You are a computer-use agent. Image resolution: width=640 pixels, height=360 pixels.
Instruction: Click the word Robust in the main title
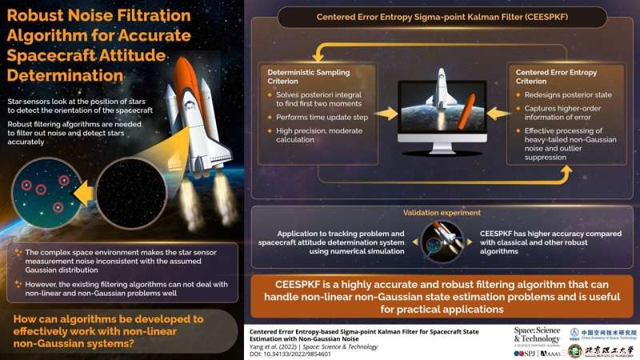tap(42, 15)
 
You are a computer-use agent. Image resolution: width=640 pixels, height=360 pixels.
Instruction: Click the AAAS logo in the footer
tap(551, 352)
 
